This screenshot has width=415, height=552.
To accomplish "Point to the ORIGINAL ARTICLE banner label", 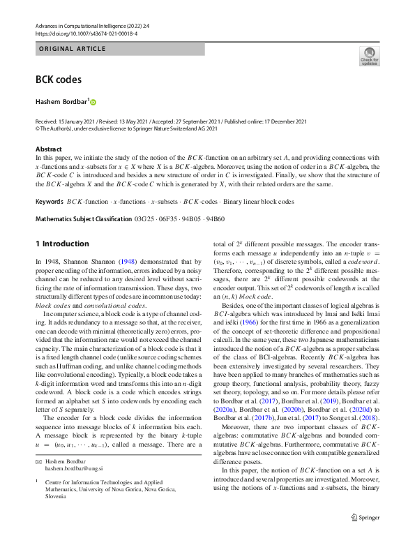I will (70, 49).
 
